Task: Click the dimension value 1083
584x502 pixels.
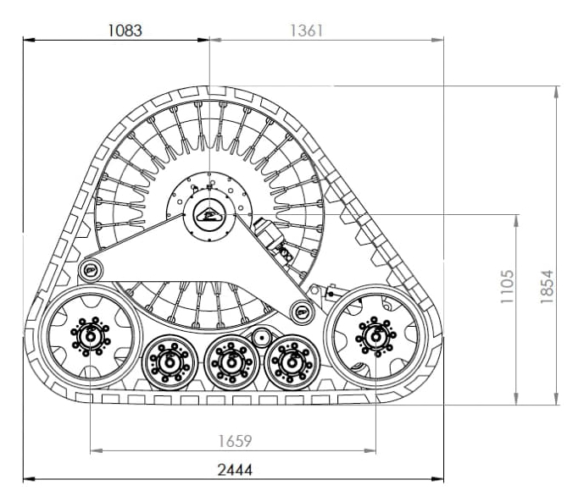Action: [125, 30]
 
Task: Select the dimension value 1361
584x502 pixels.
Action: [306, 30]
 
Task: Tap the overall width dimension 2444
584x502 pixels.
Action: [235, 470]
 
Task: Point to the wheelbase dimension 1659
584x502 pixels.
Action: [235, 441]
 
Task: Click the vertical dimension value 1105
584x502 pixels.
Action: [507, 287]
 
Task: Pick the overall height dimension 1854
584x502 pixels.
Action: [547, 287]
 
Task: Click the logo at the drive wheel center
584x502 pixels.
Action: [209, 215]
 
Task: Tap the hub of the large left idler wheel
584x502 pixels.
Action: [91, 337]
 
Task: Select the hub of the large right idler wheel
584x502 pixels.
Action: [375, 337]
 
